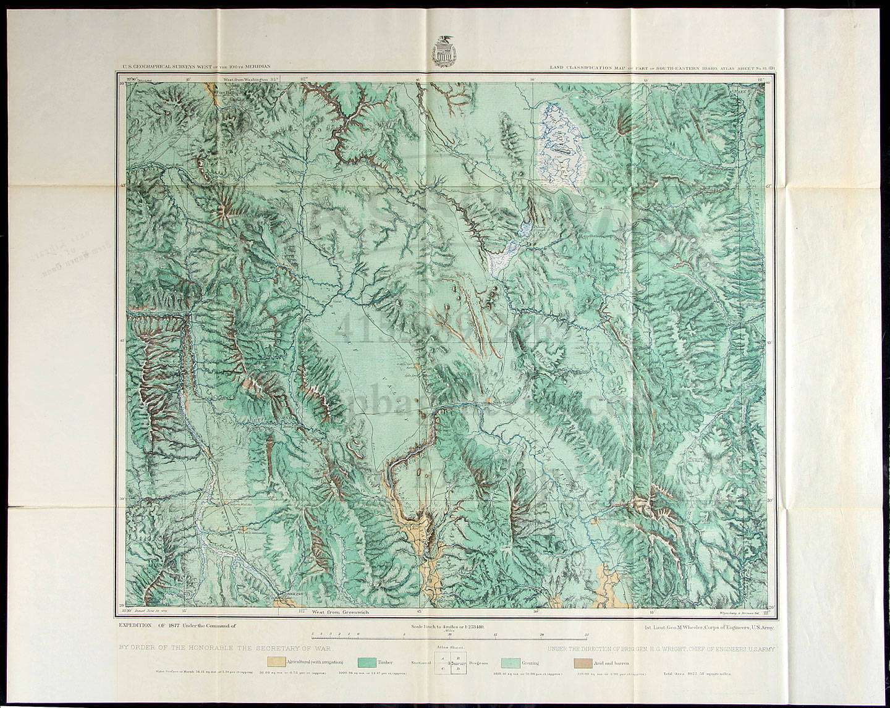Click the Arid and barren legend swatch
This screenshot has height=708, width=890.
pyautogui.click(x=582, y=662)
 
